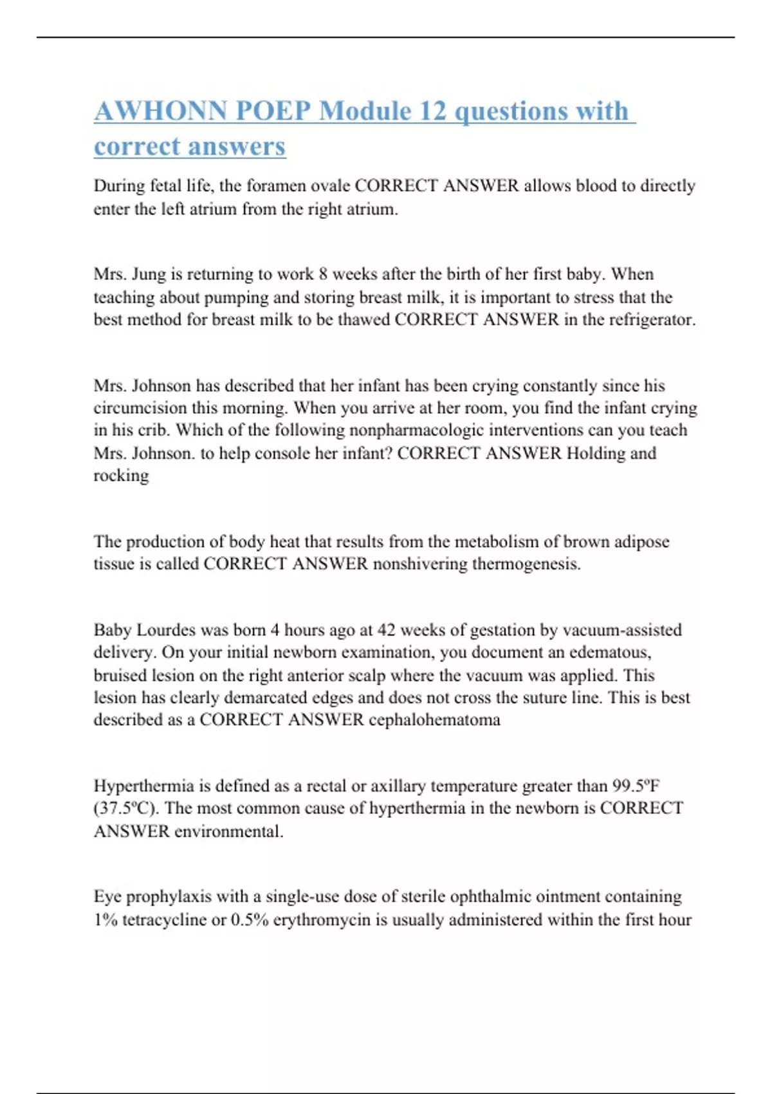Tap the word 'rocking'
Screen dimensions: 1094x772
click(121, 476)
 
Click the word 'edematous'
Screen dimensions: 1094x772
click(610, 653)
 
